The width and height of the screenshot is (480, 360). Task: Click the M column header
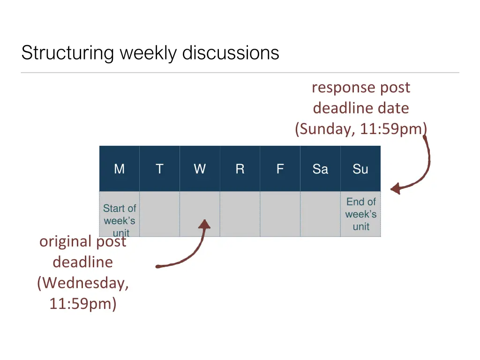click(x=120, y=169)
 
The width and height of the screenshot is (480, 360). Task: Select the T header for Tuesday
click(x=159, y=169)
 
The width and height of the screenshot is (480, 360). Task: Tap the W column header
click(x=200, y=169)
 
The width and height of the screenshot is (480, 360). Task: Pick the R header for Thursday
click(x=240, y=169)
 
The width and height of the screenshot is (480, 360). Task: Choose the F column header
click(x=280, y=169)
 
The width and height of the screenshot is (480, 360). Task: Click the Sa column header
click(x=320, y=169)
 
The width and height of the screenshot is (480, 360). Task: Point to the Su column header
click(x=360, y=169)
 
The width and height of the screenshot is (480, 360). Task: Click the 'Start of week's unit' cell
click(x=120, y=214)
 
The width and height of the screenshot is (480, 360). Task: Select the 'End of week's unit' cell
click(x=361, y=214)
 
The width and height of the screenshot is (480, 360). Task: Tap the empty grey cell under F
click(x=280, y=214)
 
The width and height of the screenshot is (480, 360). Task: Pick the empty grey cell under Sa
click(x=320, y=214)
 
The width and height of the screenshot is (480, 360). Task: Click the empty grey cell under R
click(x=240, y=214)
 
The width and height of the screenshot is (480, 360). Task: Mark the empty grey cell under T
click(x=159, y=214)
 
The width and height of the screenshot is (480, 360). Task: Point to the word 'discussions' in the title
click(x=231, y=52)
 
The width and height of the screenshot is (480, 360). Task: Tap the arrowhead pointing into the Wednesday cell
click(x=204, y=224)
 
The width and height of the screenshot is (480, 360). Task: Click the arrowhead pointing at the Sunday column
click(x=395, y=189)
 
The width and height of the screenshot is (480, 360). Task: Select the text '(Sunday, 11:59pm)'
click(x=361, y=128)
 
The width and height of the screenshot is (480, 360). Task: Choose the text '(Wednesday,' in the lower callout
click(x=83, y=283)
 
